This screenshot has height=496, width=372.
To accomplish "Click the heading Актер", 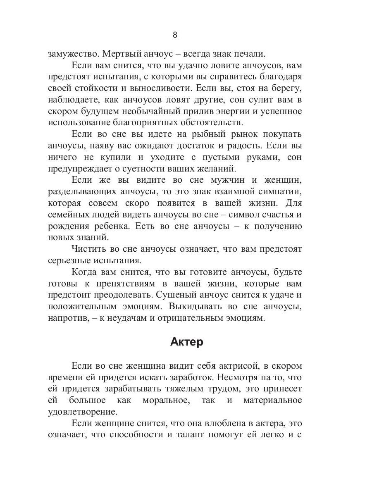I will tap(186, 343).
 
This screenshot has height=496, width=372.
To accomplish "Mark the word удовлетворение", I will tap(83, 412).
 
